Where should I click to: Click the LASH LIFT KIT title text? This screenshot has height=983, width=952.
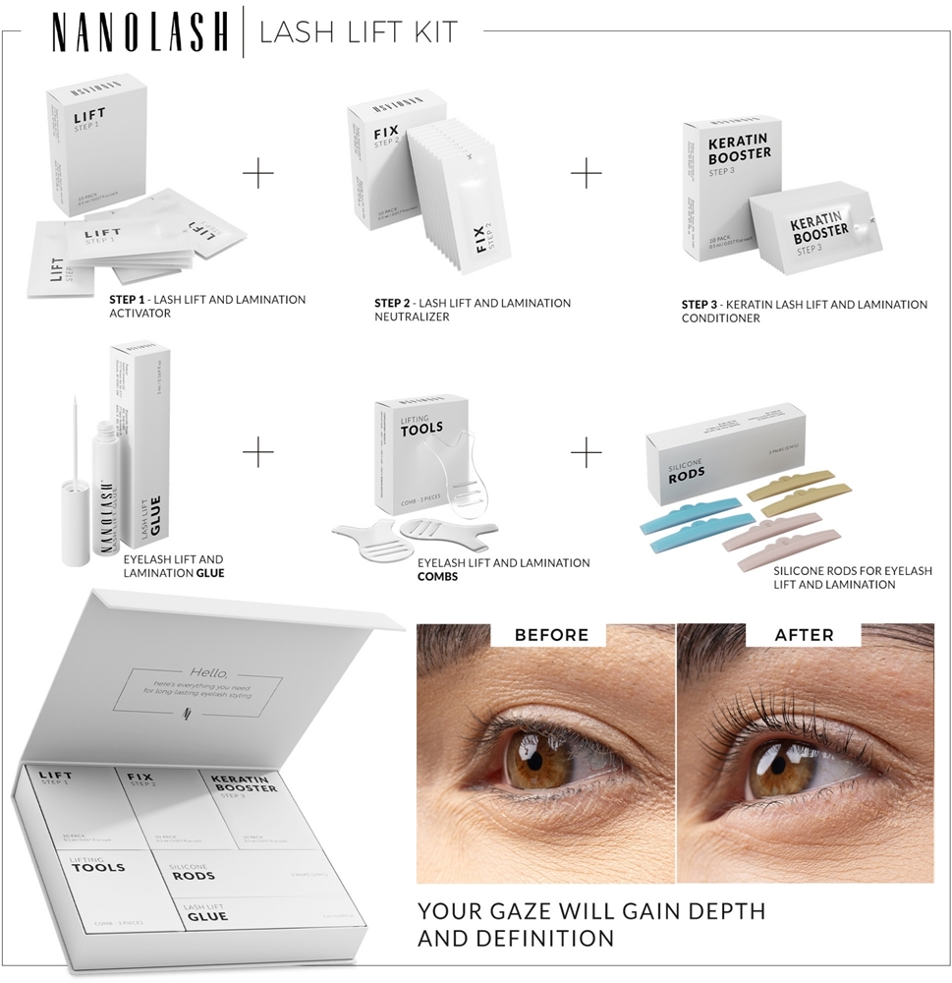(358, 33)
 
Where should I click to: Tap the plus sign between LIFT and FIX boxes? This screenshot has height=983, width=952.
(258, 174)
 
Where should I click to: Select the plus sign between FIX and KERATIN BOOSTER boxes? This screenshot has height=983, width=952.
(587, 174)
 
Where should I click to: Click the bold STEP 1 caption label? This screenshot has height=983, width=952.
(132, 300)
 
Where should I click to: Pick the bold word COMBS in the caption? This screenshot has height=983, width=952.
(438, 577)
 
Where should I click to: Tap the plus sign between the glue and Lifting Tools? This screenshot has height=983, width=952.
(258, 453)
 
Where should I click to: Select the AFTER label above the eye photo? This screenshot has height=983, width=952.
(806, 635)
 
